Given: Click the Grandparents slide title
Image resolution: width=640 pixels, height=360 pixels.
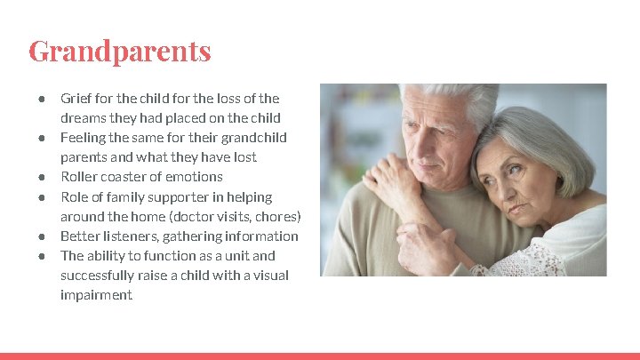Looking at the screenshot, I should tap(120, 51).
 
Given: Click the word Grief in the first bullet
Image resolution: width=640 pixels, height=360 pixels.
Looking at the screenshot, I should tap(75, 99).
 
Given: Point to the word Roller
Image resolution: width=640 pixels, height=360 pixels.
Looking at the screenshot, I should tap(77, 177).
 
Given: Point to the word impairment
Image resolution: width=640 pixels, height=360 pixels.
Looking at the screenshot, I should tap(96, 294).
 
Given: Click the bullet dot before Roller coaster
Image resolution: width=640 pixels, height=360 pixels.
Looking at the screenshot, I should tap(42, 177).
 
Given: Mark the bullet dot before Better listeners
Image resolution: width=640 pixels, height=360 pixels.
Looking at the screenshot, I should tap(42, 236).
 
